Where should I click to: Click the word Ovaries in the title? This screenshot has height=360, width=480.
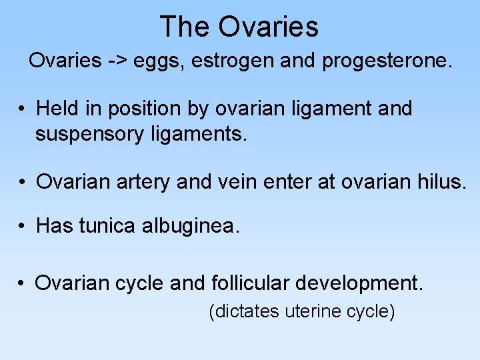pyautogui.click(x=268, y=27)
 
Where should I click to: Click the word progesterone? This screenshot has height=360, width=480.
pyautogui.click(x=387, y=61)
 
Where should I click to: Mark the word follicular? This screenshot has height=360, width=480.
pyautogui.click(x=252, y=283)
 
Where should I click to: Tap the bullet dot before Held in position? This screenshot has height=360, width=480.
pyautogui.click(x=22, y=109)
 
